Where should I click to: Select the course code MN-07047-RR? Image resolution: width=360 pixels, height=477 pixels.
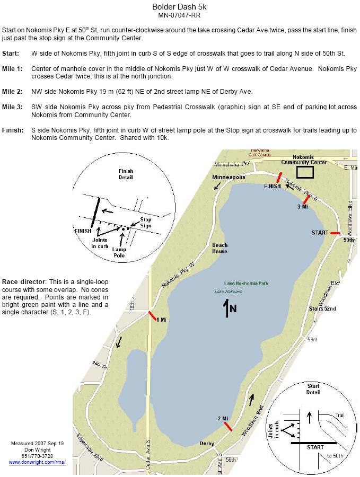coord(180,15)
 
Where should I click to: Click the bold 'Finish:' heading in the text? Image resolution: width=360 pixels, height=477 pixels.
coord(13,130)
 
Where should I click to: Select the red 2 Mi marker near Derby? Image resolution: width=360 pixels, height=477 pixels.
coord(228,426)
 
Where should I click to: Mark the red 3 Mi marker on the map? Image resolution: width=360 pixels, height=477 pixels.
coord(305,200)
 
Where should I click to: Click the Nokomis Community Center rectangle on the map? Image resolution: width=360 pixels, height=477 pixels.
coord(304,172)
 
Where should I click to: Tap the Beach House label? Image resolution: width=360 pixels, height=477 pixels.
coord(220,248)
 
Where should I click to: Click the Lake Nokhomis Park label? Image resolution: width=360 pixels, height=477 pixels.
coord(246,284)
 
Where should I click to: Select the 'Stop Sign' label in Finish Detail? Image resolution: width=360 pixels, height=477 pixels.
coord(145,223)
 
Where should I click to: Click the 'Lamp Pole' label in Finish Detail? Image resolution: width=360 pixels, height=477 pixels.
coord(119,252)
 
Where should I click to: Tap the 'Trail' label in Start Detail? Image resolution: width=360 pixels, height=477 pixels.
coord(339,416)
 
